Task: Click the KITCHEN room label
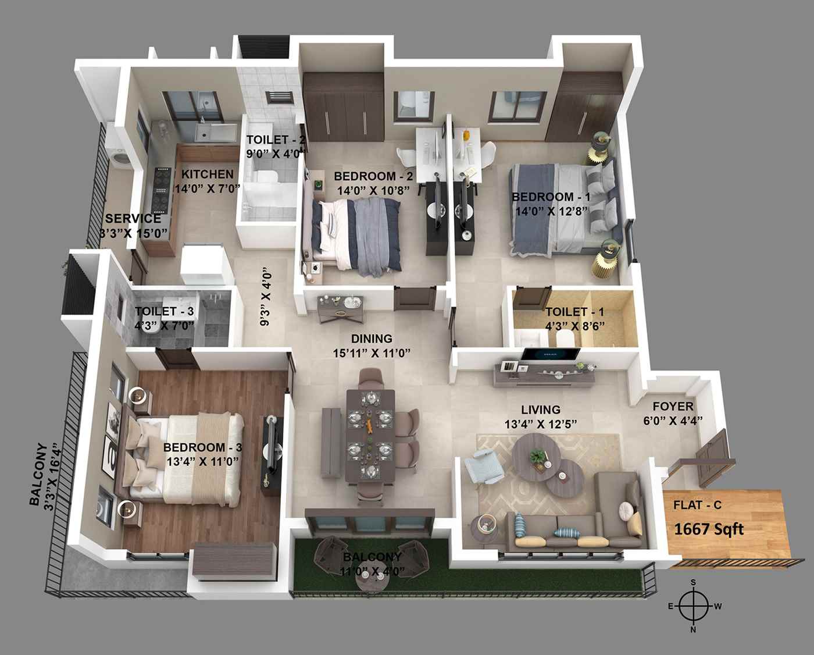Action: (x=208, y=175)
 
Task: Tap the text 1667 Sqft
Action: (x=709, y=529)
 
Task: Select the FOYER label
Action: (x=673, y=407)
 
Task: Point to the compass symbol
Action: (x=693, y=606)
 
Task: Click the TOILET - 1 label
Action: (x=574, y=312)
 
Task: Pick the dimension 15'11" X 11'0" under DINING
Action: (x=372, y=354)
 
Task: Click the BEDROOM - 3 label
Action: (x=202, y=447)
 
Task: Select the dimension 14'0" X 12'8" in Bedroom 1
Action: (x=551, y=211)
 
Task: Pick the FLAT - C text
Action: (x=697, y=505)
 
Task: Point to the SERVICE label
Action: (x=133, y=219)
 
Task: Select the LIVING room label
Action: (x=541, y=410)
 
